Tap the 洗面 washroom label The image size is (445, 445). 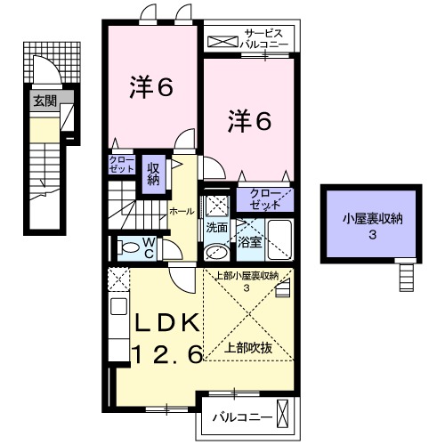coord(216,227)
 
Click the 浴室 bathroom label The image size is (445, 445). coord(248,240)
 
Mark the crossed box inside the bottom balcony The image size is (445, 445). coord(283,415)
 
